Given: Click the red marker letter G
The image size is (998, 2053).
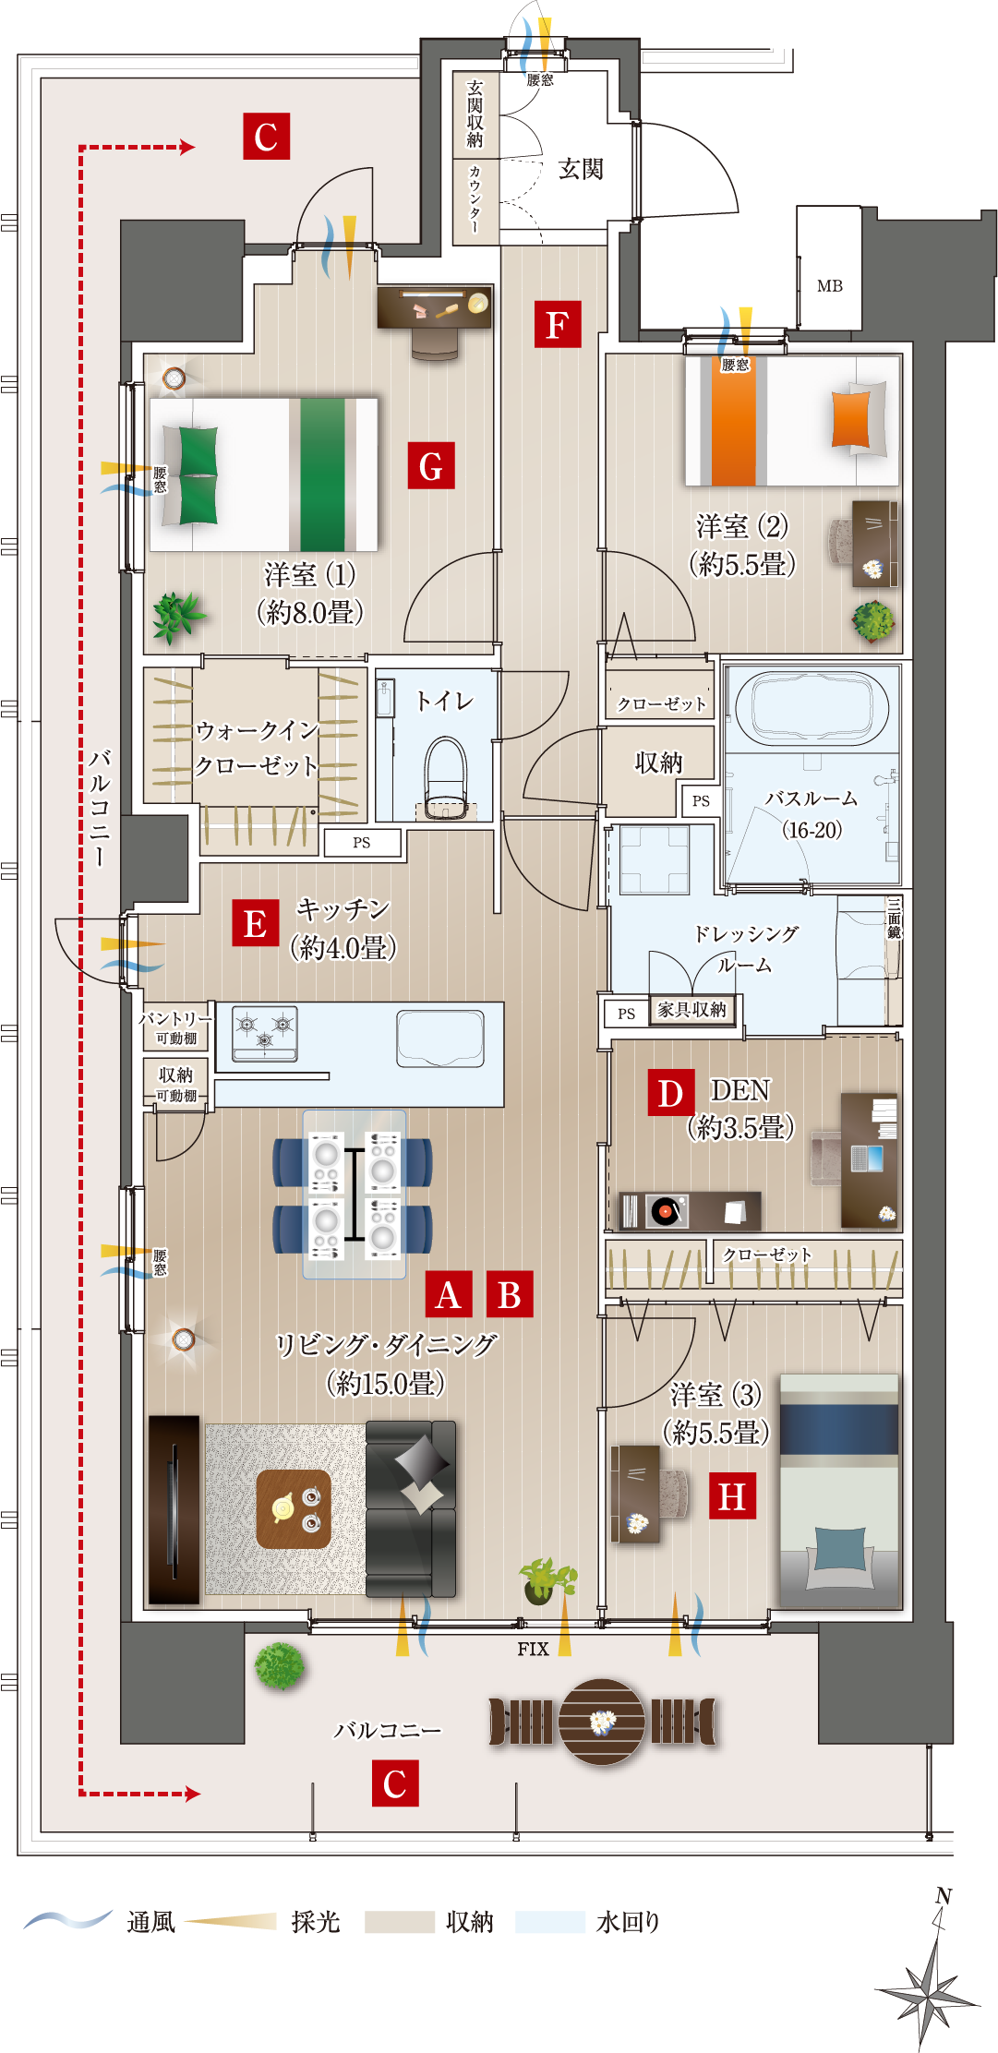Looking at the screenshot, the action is pyautogui.click(x=431, y=465).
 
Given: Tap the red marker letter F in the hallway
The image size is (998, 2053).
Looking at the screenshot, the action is pyautogui.click(x=558, y=324).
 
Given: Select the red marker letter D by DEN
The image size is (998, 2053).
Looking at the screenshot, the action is pyautogui.click(x=671, y=1092).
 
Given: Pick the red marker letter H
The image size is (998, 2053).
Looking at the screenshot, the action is pyautogui.click(x=732, y=1495).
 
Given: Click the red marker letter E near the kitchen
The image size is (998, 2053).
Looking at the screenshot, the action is pyautogui.click(x=256, y=923).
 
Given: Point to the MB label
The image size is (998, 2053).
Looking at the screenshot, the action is pyautogui.click(x=830, y=286).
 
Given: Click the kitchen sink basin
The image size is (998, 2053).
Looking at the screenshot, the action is pyautogui.click(x=440, y=1038).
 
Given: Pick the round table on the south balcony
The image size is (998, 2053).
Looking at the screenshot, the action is pyautogui.click(x=603, y=1722).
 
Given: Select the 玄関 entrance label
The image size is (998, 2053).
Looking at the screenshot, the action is pyautogui.click(x=581, y=169).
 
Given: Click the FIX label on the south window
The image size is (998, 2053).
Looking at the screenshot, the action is pyautogui.click(x=533, y=1649).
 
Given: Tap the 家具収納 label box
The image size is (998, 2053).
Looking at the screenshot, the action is pyautogui.click(x=692, y=1010).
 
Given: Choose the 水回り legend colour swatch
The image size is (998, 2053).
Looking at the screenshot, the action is pyautogui.click(x=550, y=1922).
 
